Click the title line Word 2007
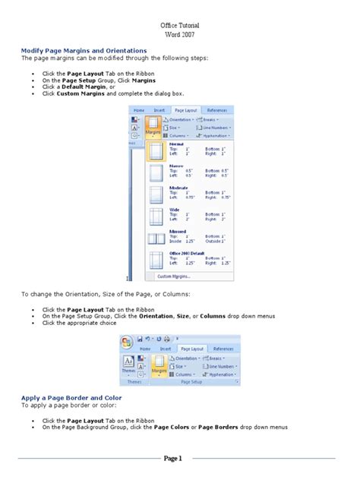(179, 35)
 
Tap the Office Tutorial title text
(180, 25)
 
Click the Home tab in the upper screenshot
(139, 110)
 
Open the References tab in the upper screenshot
(216, 110)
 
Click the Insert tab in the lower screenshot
(165, 348)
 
